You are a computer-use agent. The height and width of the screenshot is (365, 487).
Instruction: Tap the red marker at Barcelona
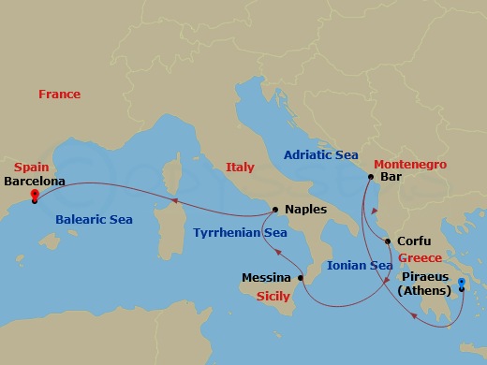[x=34, y=196]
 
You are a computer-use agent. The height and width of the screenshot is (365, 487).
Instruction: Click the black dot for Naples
[x=275, y=210]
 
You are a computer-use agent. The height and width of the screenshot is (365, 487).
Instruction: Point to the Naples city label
[x=306, y=210]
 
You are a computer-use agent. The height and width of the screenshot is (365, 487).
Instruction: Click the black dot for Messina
[x=301, y=278]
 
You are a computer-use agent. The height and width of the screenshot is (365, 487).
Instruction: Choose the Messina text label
[x=266, y=278]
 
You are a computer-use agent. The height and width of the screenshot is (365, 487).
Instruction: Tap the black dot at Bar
[x=371, y=177]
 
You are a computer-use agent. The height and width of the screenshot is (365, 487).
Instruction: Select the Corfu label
[x=414, y=241]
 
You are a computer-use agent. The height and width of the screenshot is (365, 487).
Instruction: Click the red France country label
[x=59, y=95]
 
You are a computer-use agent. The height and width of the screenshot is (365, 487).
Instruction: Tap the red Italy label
[x=240, y=168]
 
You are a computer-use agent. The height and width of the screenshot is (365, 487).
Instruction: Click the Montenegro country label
[x=415, y=164]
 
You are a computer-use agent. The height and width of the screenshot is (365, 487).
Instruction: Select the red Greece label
[x=419, y=258]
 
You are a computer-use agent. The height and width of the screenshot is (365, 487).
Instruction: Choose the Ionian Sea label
[x=360, y=266]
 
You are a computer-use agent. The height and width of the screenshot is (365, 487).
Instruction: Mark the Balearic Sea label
[x=94, y=220]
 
